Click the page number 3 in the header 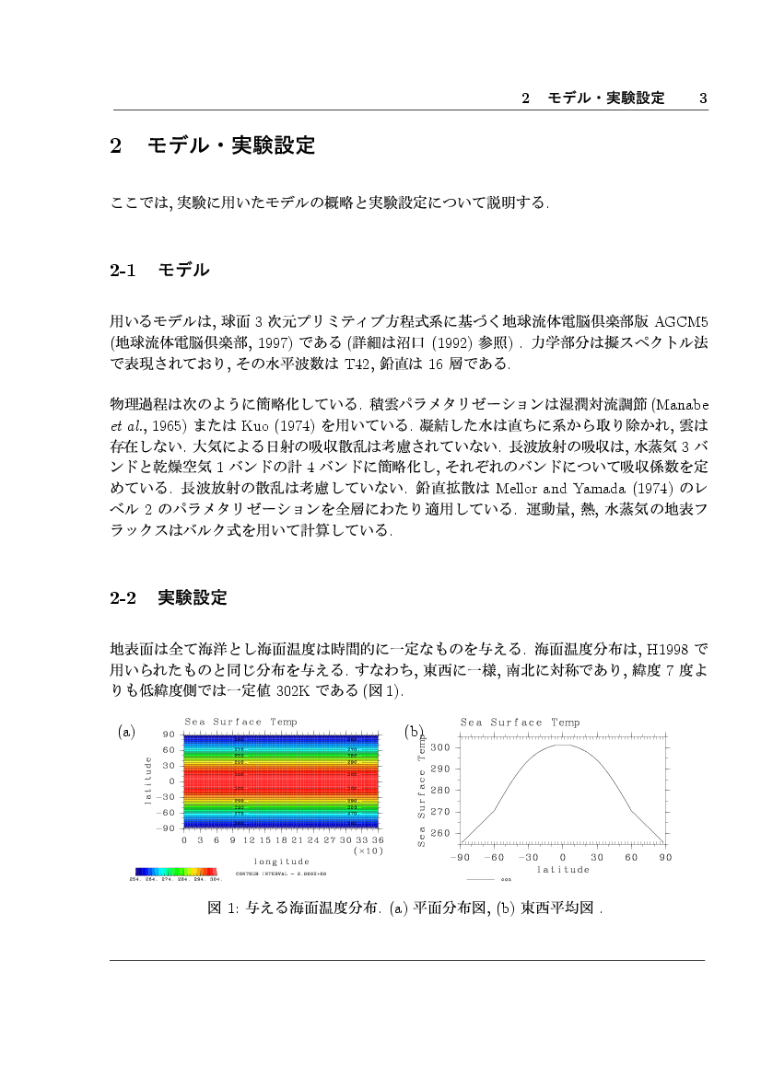pos(702,98)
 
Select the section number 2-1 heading pos(123,271)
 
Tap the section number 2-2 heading pos(123,597)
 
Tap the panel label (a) pos(127,732)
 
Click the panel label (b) pos(415,732)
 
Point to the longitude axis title pos(282,862)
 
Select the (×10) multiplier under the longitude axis pos(369,851)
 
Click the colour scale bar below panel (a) pos(175,871)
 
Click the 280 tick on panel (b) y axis pos(439,790)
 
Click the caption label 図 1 pos(222,908)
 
